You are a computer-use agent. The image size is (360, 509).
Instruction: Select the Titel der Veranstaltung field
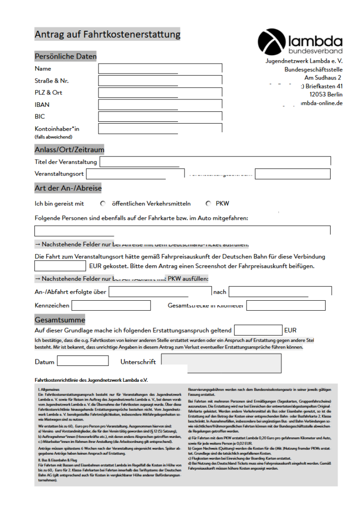pos(215,162)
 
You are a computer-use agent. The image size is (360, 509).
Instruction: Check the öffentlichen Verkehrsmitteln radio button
pos(103,204)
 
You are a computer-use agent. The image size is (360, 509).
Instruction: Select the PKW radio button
pos(208,204)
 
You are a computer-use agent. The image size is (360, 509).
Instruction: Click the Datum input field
pos(83,361)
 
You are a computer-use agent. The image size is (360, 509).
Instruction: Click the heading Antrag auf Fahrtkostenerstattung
pos(107,35)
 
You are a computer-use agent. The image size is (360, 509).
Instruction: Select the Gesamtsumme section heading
pos(60,320)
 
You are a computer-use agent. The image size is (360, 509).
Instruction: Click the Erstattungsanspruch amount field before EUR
pos(258,330)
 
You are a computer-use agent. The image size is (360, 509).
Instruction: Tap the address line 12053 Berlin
pos(326,94)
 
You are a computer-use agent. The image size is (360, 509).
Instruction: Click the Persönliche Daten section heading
pos(65,57)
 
